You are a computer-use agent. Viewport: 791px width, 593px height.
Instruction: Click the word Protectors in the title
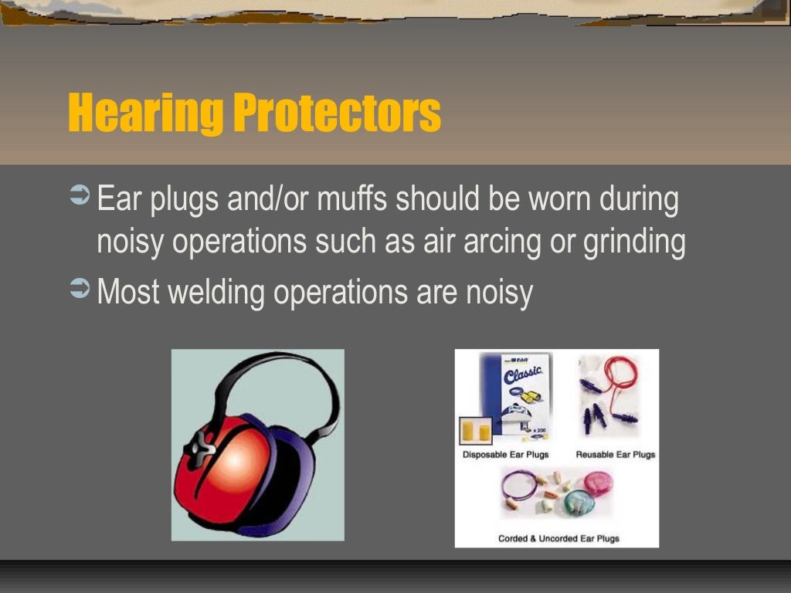point(337,114)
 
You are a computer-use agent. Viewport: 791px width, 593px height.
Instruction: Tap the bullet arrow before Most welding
point(80,291)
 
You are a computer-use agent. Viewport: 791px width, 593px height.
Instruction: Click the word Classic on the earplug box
point(525,378)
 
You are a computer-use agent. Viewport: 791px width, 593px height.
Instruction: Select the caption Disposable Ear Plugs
point(505,455)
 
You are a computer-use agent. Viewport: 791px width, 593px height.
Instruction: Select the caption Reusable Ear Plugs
point(615,455)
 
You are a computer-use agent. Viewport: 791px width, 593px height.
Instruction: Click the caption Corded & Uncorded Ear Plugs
point(558,538)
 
